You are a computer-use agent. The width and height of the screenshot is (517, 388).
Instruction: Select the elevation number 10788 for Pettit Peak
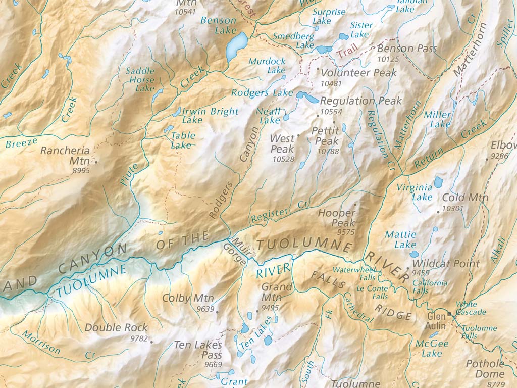[x=328, y=151]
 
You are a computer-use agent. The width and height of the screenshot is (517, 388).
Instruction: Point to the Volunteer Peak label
[x=359, y=73]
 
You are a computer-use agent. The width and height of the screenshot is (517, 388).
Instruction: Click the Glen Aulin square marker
[x=449, y=313]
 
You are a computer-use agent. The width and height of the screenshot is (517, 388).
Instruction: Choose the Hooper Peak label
[x=337, y=218]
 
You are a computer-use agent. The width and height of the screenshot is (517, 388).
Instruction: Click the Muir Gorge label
[x=236, y=253]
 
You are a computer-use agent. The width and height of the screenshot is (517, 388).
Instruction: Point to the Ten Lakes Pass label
[x=198, y=350]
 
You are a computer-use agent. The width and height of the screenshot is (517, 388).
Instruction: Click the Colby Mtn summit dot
[x=217, y=312]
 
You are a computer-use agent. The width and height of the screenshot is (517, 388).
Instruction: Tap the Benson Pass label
[x=407, y=49]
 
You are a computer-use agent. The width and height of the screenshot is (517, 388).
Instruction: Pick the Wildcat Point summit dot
[x=407, y=268]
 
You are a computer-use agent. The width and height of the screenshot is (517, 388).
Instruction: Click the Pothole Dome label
[x=485, y=369]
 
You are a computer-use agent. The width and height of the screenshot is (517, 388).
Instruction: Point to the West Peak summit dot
[x=298, y=135]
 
